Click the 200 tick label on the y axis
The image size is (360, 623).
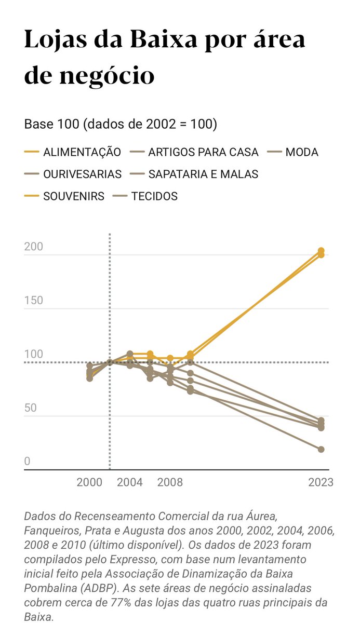pos(34,247)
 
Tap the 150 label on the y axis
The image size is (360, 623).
pos(34,301)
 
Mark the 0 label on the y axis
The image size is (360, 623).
pos(27,462)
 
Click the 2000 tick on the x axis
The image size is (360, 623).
pos(89,482)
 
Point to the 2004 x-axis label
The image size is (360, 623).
pos(129,482)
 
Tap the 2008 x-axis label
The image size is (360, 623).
pos(170,482)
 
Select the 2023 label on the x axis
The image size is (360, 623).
pos(321,482)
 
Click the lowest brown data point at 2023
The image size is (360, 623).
pos(321,449)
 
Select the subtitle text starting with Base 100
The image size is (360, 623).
pos(121,125)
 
